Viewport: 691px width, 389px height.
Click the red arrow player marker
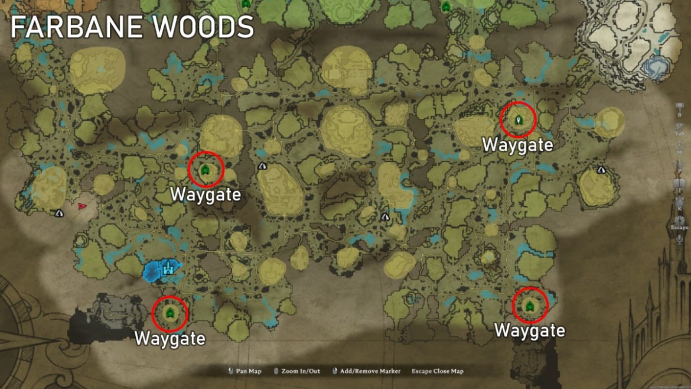pos(82,206)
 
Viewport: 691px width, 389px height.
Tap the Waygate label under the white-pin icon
pos(517,145)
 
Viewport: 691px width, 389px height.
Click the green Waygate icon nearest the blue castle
pos(170,313)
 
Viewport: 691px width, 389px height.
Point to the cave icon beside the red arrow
pos(59,213)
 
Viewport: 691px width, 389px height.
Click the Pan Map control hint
pos(249,371)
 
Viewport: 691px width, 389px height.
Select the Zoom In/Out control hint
pos(301,371)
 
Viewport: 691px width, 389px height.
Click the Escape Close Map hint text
pos(438,371)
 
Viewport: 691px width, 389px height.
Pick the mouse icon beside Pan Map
pos(230,371)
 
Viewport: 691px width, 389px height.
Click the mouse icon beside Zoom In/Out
pos(276,371)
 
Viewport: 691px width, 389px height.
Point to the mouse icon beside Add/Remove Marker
pos(335,371)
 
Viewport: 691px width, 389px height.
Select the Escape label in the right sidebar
pos(679,227)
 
